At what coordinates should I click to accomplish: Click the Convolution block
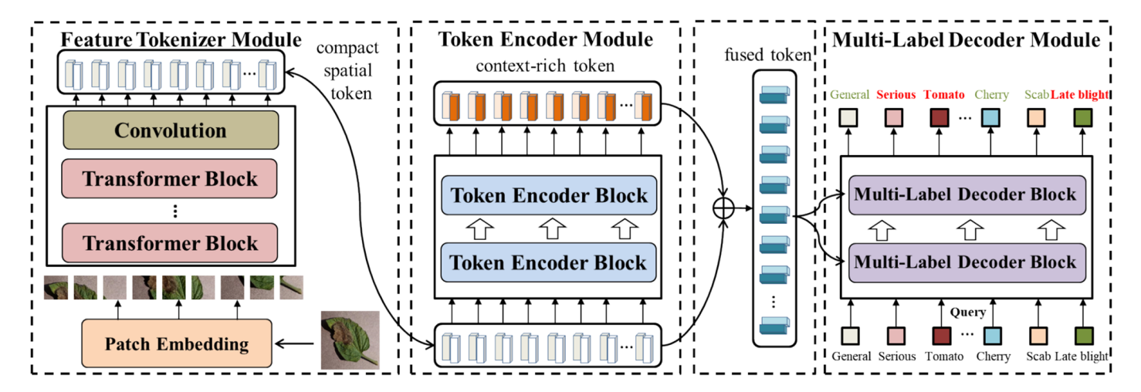point(170,130)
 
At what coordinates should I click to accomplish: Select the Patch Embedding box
point(177,343)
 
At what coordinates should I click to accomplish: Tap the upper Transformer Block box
point(170,179)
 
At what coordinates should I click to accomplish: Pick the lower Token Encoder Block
point(548,262)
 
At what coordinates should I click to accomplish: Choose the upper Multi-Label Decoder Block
point(967,194)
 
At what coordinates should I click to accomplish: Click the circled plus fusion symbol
point(723,208)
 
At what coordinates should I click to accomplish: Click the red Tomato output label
point(944,95)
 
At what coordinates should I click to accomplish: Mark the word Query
point(968,313)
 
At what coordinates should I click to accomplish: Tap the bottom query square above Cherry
point(992,336)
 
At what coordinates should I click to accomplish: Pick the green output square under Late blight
point(1084,117)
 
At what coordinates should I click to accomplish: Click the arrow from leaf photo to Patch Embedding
point(296,343)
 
